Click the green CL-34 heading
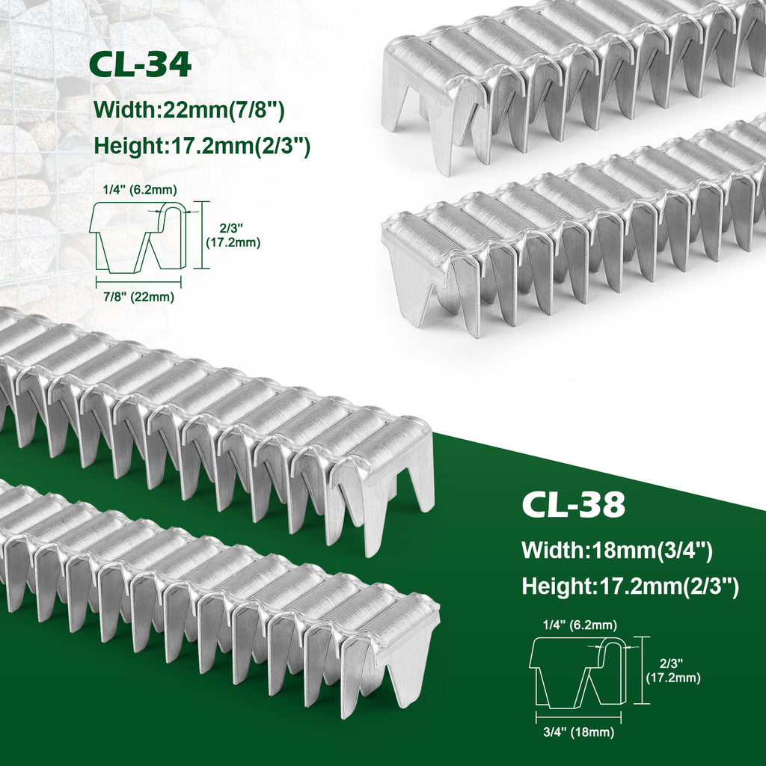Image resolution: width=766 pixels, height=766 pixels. coord(140,66)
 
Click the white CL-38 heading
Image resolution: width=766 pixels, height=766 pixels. coord(574,505)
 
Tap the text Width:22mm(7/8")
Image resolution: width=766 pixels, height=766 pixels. coord(189,111)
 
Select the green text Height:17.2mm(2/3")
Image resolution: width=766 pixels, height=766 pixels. coord(202,147)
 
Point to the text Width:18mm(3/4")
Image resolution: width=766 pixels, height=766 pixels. coord(617,551)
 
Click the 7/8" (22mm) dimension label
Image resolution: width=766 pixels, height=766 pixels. coord(138,297)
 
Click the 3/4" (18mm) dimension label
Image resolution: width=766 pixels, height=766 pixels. coord(579,732)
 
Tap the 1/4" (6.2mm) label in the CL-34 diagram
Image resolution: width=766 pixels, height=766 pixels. coord(140,190)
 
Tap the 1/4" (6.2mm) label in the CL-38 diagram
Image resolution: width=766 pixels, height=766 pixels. coord(580,625)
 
